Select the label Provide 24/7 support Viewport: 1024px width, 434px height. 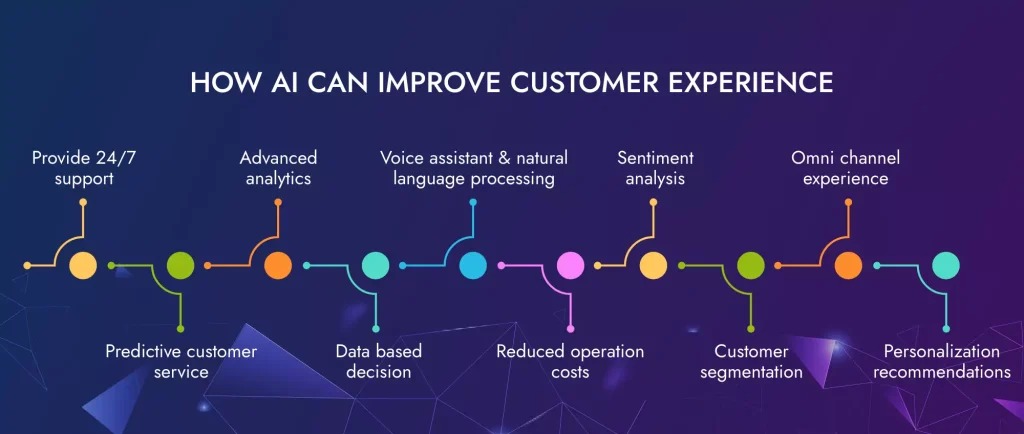click(x=73, y=168)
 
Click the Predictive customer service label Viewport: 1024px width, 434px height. click(x=181, y=361)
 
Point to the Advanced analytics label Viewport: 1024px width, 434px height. click(x=278, y=168)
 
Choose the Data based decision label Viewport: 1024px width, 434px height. click(x=378, y=361)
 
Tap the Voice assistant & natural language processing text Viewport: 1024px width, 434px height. click(x=473, y=168)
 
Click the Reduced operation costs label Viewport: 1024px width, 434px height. click(x=570, y=361)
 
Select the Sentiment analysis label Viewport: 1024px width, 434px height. click(x=655, y=168)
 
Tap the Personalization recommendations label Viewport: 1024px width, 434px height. click(x=947, y=361)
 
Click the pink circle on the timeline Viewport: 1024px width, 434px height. click(x=570, y=265)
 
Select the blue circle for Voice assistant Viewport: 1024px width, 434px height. click(x=473, y=265)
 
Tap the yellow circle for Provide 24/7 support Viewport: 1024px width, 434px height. click(x=83, y=265)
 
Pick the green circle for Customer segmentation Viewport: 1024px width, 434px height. click(x=750, y=265)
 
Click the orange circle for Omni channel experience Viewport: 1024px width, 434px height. click(x=848, y=265)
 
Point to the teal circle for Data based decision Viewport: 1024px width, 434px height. click(x=375, y=265)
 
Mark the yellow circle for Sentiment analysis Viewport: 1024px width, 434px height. click(x=653, y=265)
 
